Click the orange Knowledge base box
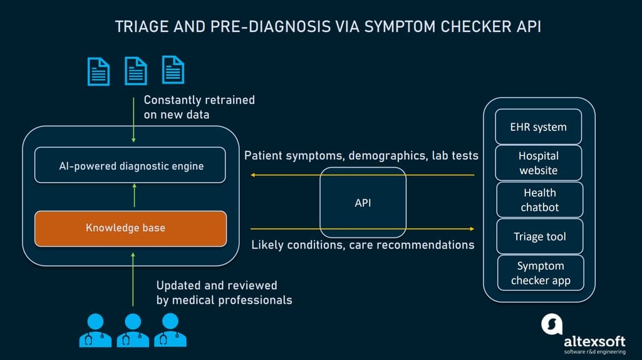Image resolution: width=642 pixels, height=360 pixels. [x=130, y=228]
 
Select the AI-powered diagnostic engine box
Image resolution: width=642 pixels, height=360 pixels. [x=130, y=165]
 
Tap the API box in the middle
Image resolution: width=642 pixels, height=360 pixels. [x=363, y=203]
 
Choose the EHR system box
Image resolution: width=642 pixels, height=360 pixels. [x=539, y=127]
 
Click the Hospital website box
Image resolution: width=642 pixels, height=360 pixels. [x=539, y=163]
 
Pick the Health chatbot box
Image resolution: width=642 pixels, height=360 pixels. [x=540, y=200]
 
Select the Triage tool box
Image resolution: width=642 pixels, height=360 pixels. [x=540, y=236]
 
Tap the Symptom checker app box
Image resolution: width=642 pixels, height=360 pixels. [x=541, y=273]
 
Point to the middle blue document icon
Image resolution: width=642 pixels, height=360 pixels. [x=135, y=71]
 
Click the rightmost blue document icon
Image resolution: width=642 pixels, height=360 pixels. [x=173, y=70]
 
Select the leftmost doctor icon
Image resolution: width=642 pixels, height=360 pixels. [x=95, y=329]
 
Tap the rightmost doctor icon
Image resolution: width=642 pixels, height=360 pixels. [x=170, y=329]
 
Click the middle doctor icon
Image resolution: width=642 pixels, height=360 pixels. [x=133, y=329]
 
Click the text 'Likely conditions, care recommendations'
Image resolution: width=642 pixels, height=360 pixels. [x=363, y=245]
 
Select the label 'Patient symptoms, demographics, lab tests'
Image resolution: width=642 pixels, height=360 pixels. [x=361, y=155]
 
